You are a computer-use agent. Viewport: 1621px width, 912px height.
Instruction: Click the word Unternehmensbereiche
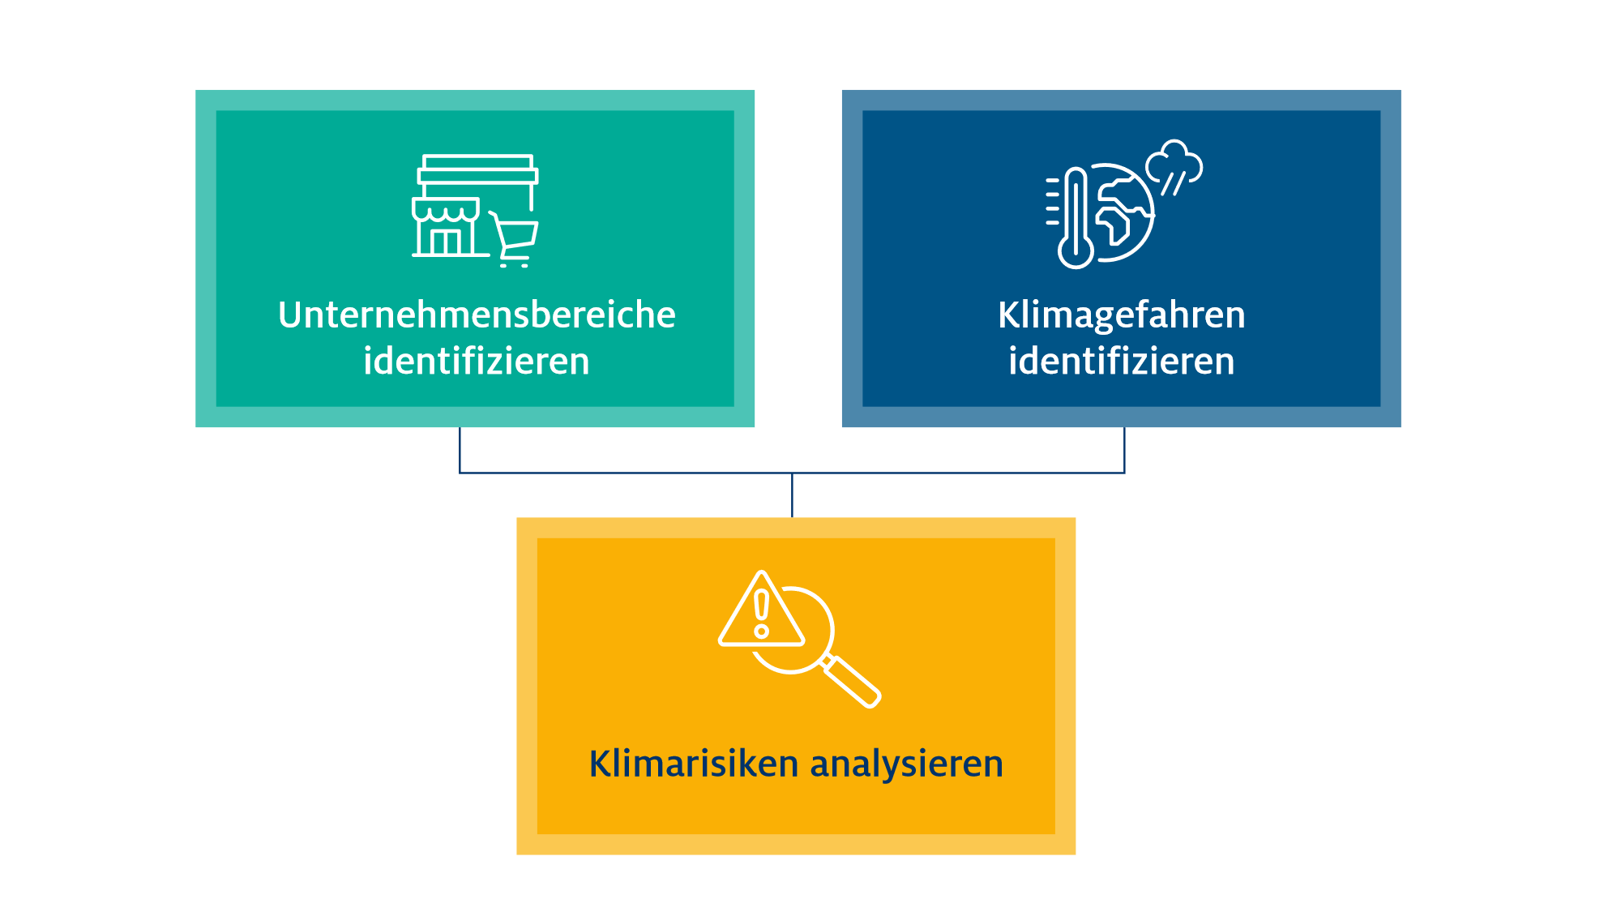[x=477, y=315]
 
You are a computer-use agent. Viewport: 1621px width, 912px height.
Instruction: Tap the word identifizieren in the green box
[x=477, y=361]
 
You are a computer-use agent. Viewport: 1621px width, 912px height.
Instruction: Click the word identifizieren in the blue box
[x=1122, y=361]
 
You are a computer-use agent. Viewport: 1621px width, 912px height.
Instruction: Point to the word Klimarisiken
[x=694, y=763]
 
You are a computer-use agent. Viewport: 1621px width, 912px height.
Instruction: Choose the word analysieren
[x=906, y=764]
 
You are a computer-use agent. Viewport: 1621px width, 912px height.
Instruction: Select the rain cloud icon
[x=1174, y=167]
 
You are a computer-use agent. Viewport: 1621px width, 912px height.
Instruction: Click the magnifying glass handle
[x=852, y=682]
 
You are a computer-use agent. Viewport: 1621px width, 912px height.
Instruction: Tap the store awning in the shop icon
[x=446, y=210]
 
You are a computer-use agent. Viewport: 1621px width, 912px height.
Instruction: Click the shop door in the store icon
[x=446, y=242]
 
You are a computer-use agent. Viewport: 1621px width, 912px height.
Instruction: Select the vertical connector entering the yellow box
[x=792, y=495]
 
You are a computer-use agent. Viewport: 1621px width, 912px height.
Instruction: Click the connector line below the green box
[x=460, y=450]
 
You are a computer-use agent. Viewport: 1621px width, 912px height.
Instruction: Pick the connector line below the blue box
[x=1124, y=450]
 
